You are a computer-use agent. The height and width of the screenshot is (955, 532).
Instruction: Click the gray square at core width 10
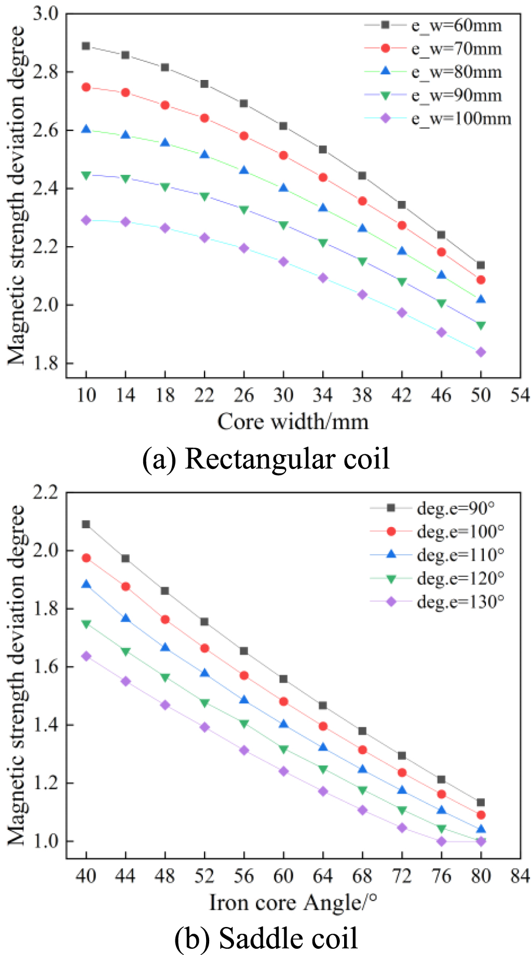[x=86, y=46]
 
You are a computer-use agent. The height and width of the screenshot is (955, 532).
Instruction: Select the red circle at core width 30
[x=283, y=155]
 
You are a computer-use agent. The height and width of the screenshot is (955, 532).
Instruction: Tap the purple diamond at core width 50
[x=481, y=352]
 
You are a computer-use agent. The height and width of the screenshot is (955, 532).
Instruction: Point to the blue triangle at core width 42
[x=402, y=251]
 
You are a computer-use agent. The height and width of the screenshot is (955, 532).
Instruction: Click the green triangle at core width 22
[x=204, y=196]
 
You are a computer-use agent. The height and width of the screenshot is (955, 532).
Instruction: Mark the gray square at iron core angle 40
[x=86, y=524]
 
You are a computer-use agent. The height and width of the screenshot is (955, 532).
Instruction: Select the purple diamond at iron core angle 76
[x=441, y=841]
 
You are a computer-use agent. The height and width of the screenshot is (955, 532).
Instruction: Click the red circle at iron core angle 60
[x=283, y=702]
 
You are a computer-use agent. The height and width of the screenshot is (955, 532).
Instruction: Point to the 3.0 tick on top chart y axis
[x=46, y=14]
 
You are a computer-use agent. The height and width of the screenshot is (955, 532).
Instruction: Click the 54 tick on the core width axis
[x=520, y=396]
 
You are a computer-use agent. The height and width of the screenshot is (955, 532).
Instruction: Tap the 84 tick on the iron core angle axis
[x=520, y=876]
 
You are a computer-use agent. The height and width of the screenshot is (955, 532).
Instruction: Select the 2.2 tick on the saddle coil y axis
[x=46, y=492]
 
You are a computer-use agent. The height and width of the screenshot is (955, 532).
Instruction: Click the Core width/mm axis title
[x=293, y=422]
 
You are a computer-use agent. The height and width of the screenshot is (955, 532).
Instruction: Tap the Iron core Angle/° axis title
[x=293, y=903]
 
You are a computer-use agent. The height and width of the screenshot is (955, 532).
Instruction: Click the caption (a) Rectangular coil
[x=266, y=459]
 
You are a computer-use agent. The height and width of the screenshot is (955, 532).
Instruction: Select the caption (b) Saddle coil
[x=266, y=938]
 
